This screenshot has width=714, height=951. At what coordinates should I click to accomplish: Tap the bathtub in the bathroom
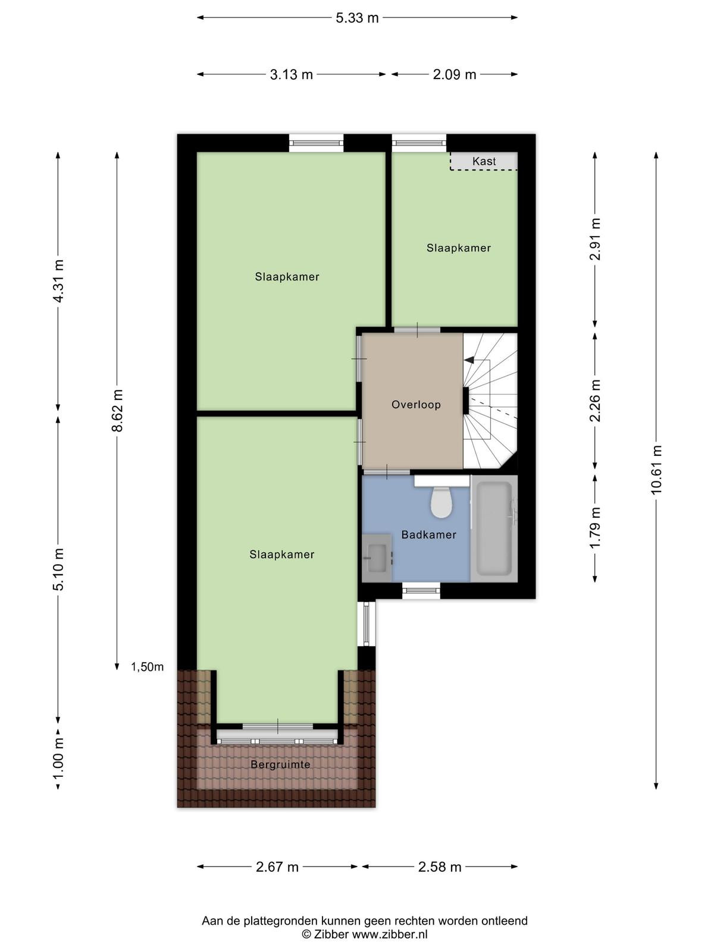(x=494, y=528)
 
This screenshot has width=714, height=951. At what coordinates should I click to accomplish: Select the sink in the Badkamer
(x=377, y=557)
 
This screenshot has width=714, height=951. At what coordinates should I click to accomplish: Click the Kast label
(x=484, y=161)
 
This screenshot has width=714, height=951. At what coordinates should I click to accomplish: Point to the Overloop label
(x=416, y=405)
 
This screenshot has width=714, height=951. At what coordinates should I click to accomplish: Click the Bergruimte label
(x=280, y=764)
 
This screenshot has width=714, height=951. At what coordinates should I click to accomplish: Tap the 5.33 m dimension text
(x=357, y=18)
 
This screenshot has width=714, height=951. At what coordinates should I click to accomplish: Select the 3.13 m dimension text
(x=292, y=74)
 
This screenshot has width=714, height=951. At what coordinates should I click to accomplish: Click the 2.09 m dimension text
(x=455, y=74)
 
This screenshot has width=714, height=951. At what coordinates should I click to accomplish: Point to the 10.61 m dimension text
(x=656, y=469)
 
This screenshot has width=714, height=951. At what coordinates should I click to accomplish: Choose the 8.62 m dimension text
(x=117, y=410)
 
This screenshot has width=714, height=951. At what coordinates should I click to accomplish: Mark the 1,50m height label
(x=148, y=667)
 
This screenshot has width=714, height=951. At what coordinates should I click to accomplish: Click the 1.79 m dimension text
(x=595, y=527)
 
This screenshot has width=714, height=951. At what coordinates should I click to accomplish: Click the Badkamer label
(x=429, y=534)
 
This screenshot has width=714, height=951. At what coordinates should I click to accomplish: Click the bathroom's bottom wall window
(x=421, y=591)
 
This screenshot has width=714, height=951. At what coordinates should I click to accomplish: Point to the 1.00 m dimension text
(x=58, y=758)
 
